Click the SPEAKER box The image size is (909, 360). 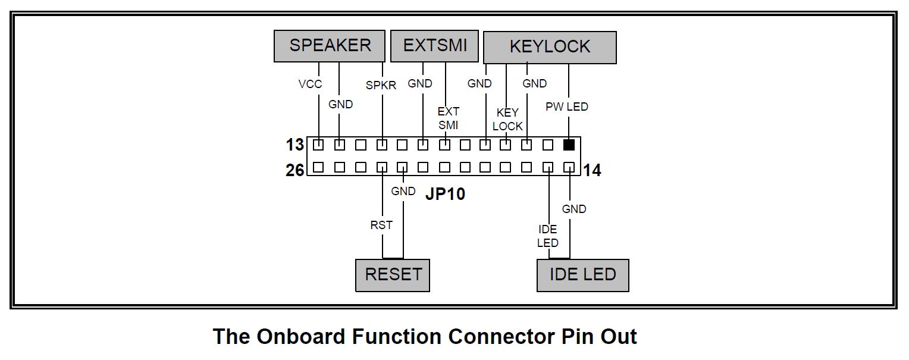click(x=330, y=46)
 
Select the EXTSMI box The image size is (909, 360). click(x=434, y=46)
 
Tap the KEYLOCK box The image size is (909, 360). click(x=550, y=48)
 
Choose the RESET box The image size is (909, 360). click(x=393, y=275)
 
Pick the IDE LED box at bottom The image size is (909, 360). click(x=582, y=275)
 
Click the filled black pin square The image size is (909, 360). click(x=569, y=145)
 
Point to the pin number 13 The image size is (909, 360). click(x=294, y=145)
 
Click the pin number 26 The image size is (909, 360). click(x=294, y=171)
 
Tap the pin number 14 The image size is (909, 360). click(x=592, y=171)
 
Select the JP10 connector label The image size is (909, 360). click(x=445, y=194)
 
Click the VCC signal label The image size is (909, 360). click(x=310, y=84)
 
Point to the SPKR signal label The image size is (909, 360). click(x=381, y=86)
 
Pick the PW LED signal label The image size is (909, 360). click(x=567, y=107)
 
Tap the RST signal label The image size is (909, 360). click(x=381, y=226)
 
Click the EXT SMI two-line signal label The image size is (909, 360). click(x=448, y=118)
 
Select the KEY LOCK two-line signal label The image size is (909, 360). click(x=507, y=120)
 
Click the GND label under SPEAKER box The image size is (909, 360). click(x=340, y=105)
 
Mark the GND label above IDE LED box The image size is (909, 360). click(x=574, y=209)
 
